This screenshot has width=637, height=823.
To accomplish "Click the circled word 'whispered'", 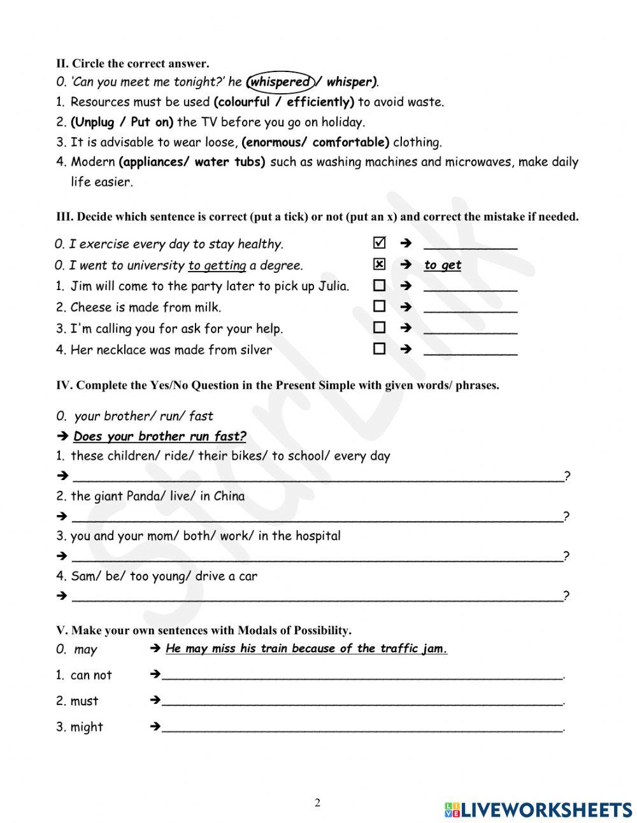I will click(279, 82).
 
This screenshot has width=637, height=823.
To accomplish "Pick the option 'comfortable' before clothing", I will click(350, 142).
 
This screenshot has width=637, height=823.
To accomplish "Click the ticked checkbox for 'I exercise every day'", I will click(380, 243).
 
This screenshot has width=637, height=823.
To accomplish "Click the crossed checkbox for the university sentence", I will click(380, 264).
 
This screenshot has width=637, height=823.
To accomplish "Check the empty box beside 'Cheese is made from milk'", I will click(380, 307).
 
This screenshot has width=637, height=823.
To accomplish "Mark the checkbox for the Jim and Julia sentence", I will click(380, 285).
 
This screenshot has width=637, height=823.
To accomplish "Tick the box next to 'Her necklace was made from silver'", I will click(380, 349).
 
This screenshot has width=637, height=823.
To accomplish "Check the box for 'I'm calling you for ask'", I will click(380, 328).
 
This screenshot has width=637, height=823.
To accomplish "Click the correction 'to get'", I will click(443, 265).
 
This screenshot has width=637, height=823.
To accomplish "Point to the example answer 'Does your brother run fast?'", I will click(159, 437).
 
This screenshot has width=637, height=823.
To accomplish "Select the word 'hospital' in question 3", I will click(317, 536).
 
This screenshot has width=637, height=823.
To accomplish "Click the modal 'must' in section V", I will click(84, 701).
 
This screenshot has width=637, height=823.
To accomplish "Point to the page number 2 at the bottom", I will click(317, 803).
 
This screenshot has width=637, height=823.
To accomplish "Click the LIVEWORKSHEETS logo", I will click(538, 810).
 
